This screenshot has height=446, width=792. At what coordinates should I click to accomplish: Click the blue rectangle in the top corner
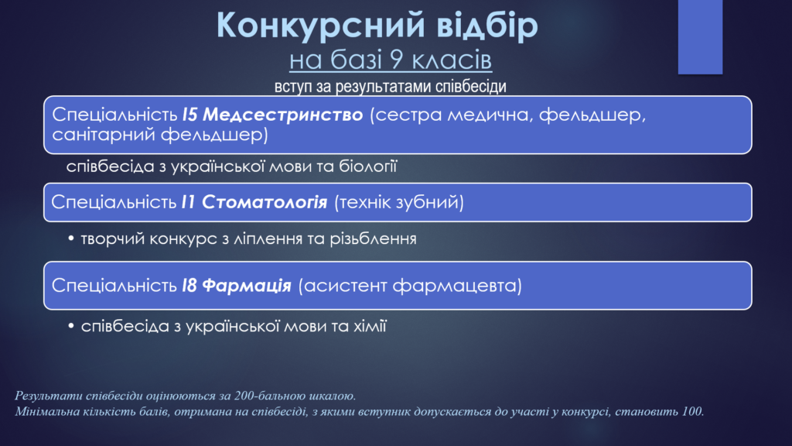tap(700, 37)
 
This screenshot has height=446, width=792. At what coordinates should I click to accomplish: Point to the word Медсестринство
tap(283, 115)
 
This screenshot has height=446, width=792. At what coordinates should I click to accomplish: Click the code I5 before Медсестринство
tap(189, 115)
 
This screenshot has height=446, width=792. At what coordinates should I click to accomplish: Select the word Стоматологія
tap(265, 202)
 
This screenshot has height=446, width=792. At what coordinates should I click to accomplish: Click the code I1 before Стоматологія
tap(189, 202)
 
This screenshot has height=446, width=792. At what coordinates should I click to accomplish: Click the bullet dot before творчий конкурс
tap(71, 238)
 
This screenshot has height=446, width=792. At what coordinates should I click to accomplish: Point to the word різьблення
tap(374, 238)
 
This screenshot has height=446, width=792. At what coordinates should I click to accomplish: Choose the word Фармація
tap(247, 286)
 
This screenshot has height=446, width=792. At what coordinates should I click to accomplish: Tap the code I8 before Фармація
tap(189, 286)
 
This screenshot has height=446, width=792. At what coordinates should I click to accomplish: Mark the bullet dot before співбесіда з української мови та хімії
tap(71, 326)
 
